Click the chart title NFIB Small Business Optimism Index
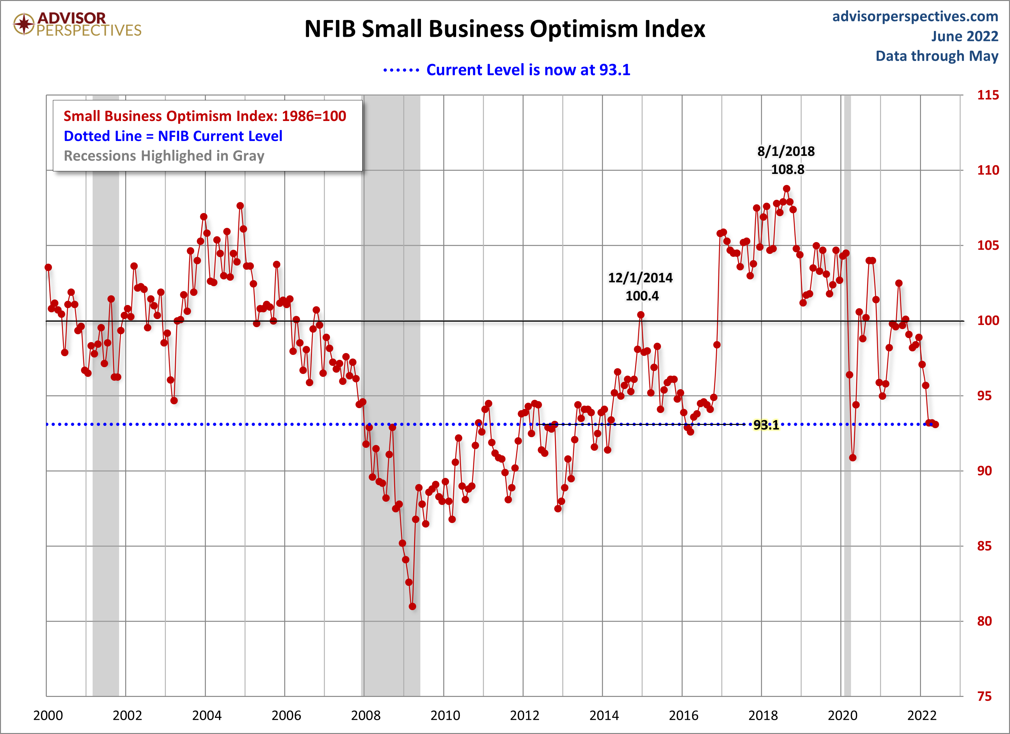pyautogui.click(x=505, y=29)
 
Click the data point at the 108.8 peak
pyautogui.click(x=786, y=189)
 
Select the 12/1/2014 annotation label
pyautogui.click(x=640, y=278)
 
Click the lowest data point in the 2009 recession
pyautogui.click(x=412, y=607)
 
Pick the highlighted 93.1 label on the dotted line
pyautogui.click(x=766, y=425)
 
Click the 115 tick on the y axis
pyautogui.click(x=988, y=95)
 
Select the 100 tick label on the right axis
pyautogui.click(x=988, y=320)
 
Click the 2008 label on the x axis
pyautogui.click(x=365, y=715)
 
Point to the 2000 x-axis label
pyautogui.click(x=48, y=715)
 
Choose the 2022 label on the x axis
pyautogui.click(x=922, y=715)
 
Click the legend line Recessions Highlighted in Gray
pyautogui.click(x=164, y=156)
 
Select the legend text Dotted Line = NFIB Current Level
pyautogui.click(x=173, y=136)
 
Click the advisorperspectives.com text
pyautogui.click(x=915, y=16)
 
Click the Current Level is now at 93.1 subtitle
pyautogui.click(x=528, y=70)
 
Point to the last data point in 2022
pyautogui.click(x=935, y=425)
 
